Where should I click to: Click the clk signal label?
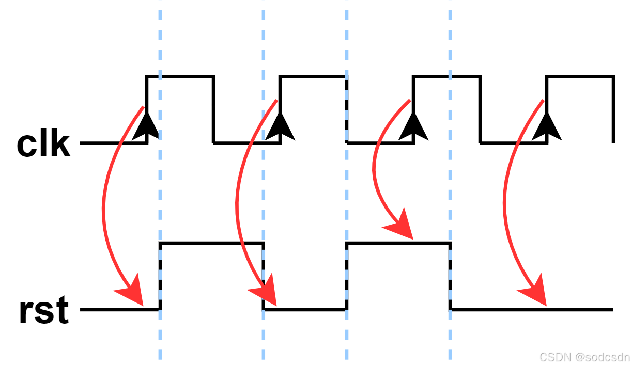[43, 145]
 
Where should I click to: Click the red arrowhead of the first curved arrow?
[131, 292]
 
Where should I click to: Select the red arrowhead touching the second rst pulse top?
[400, 225]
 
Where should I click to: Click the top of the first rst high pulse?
[212, 243]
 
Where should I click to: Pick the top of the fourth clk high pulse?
[580, 76]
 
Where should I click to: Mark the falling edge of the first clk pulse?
[213, 109]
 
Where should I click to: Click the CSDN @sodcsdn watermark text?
[584, 357]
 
